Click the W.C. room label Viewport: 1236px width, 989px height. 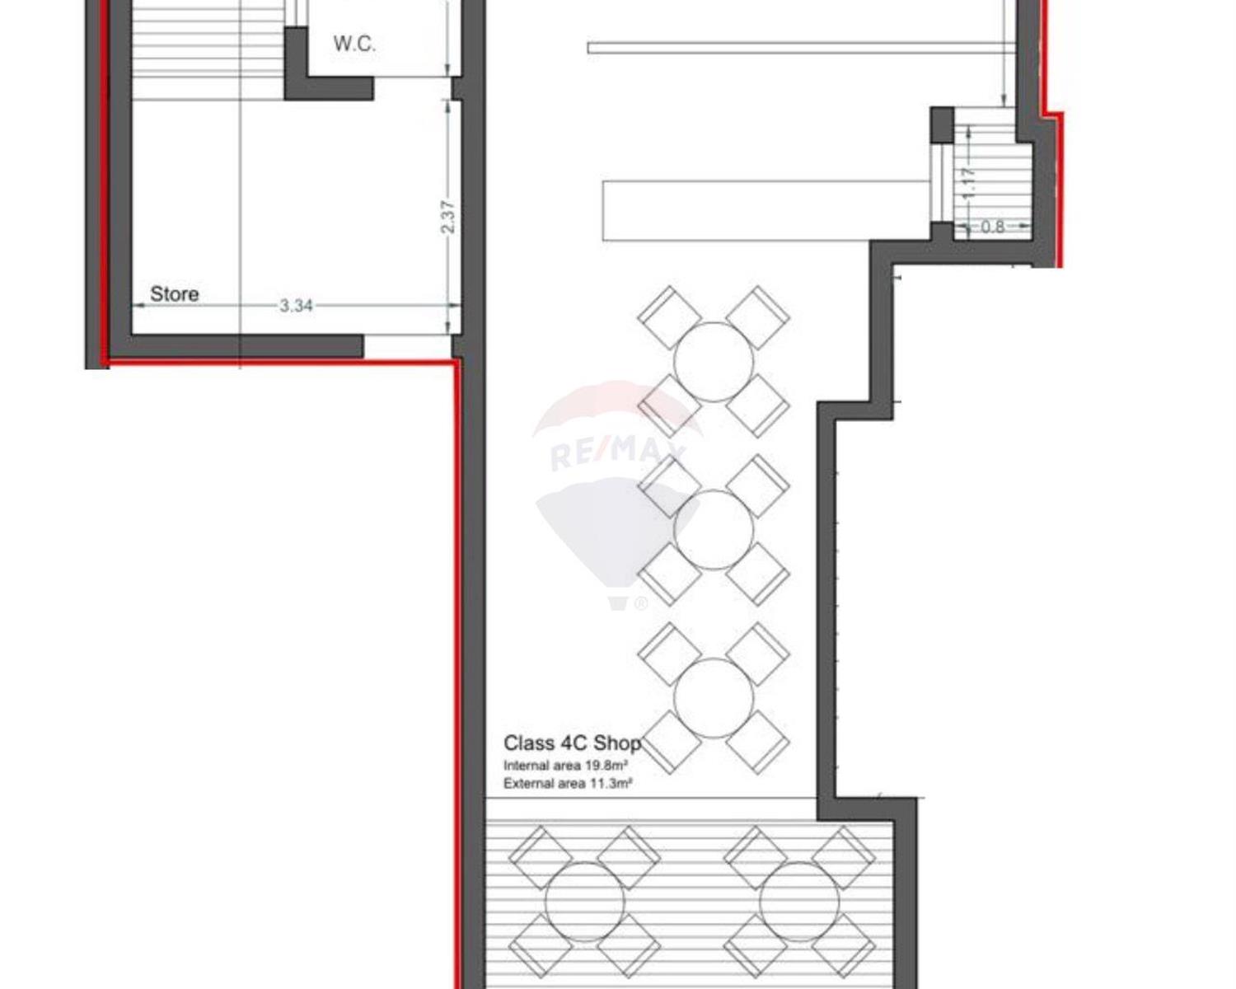point(354,45)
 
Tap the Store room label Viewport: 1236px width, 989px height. point(174,294)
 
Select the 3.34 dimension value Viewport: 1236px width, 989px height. point(296,306)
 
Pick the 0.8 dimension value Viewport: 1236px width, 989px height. point(992,227)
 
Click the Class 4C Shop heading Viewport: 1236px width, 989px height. point(572,743)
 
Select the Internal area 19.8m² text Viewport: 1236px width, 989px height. point(565,766)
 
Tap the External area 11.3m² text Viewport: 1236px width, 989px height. point(568,783)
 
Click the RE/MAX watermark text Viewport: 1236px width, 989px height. point(617,453)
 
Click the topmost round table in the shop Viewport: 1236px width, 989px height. point(714,362)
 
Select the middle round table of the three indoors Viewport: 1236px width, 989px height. point(714,529)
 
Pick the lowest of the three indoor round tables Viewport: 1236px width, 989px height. point(714,697)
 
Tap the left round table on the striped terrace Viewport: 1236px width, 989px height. point(585,902)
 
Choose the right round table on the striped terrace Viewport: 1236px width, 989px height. point(799,902)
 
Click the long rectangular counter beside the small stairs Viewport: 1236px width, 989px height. point(766,211)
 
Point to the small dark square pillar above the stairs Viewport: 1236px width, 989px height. point(942,124)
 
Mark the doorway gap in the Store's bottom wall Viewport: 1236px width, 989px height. point(408,346)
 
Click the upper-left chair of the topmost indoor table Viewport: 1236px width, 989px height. point(670,317)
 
